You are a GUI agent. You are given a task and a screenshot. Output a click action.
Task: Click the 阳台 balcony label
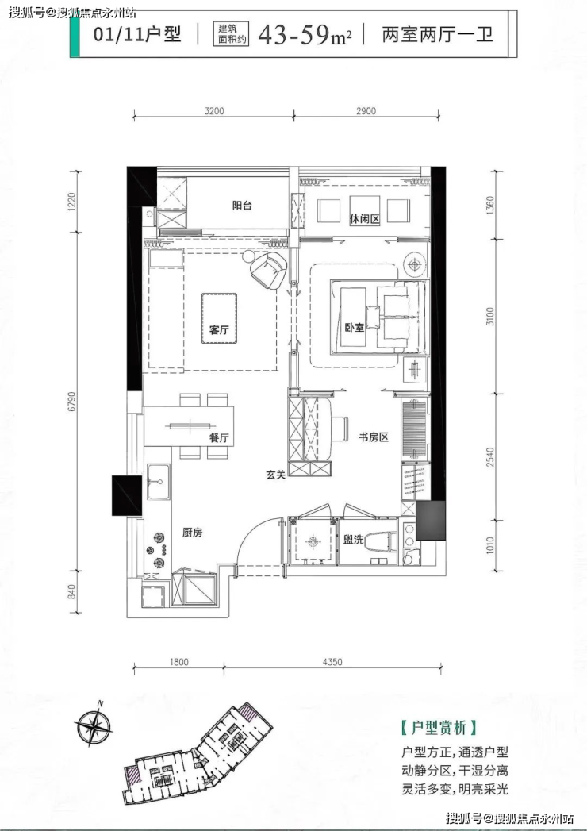(x=242, y=206)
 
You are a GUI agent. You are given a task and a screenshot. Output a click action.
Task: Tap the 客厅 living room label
(x=219, y=329)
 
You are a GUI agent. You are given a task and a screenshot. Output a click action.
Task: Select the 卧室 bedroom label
(x=355, y=328)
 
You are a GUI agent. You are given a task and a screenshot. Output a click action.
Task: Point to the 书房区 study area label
(x=374, y=437)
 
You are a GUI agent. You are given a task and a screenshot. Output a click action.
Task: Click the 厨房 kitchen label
(x=193, y=533)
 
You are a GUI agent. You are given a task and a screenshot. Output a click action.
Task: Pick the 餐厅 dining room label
(x=219, y=438)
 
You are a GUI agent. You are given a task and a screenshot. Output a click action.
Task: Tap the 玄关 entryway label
(x=276, y=475)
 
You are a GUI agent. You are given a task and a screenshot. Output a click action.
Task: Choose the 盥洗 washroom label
(x=353, y=540)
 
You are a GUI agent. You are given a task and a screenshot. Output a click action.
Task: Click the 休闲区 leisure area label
(x=365, y=218)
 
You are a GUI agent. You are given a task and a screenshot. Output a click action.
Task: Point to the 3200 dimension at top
(x=214, y=111)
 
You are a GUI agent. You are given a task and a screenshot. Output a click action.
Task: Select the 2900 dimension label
(x=366, y=111)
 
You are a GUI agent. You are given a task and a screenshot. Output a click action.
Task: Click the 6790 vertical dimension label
(x=72, y=402)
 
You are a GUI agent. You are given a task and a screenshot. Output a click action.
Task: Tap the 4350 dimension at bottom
(x=332, y=661)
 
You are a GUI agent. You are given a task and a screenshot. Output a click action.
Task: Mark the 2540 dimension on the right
(x=490, y=457)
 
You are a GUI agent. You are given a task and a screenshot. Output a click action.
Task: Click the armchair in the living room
(x=269, y=269)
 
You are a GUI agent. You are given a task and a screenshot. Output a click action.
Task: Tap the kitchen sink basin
(x=158, y=482)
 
